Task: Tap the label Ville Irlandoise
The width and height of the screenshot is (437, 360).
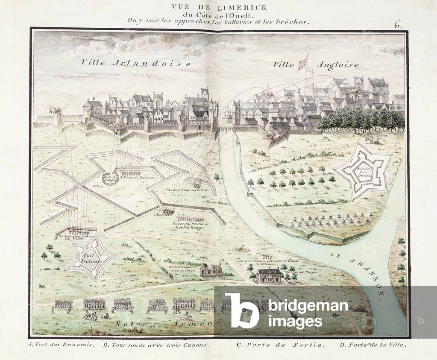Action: [x=136, y=63]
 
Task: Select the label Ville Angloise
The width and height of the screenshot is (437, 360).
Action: [x=316, y=64]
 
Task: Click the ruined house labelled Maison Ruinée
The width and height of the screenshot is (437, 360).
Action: [x=211, y=269]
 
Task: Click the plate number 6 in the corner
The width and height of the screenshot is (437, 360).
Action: [x=398, y=24]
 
